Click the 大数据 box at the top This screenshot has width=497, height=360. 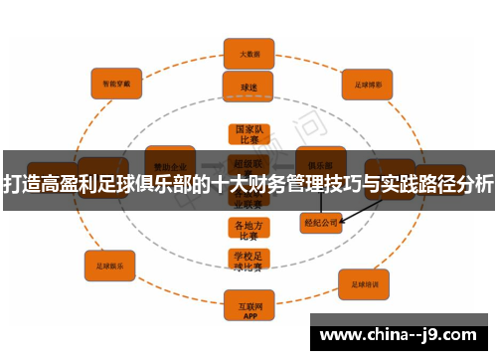248,53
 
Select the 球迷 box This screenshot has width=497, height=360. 248,87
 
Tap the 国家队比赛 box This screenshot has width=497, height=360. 248,134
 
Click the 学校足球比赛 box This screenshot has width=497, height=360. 248,261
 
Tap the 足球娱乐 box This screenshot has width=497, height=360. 110,266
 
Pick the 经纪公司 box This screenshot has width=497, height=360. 321,224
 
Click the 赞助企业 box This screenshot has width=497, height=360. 169,162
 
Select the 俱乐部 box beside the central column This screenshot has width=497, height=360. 321,162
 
